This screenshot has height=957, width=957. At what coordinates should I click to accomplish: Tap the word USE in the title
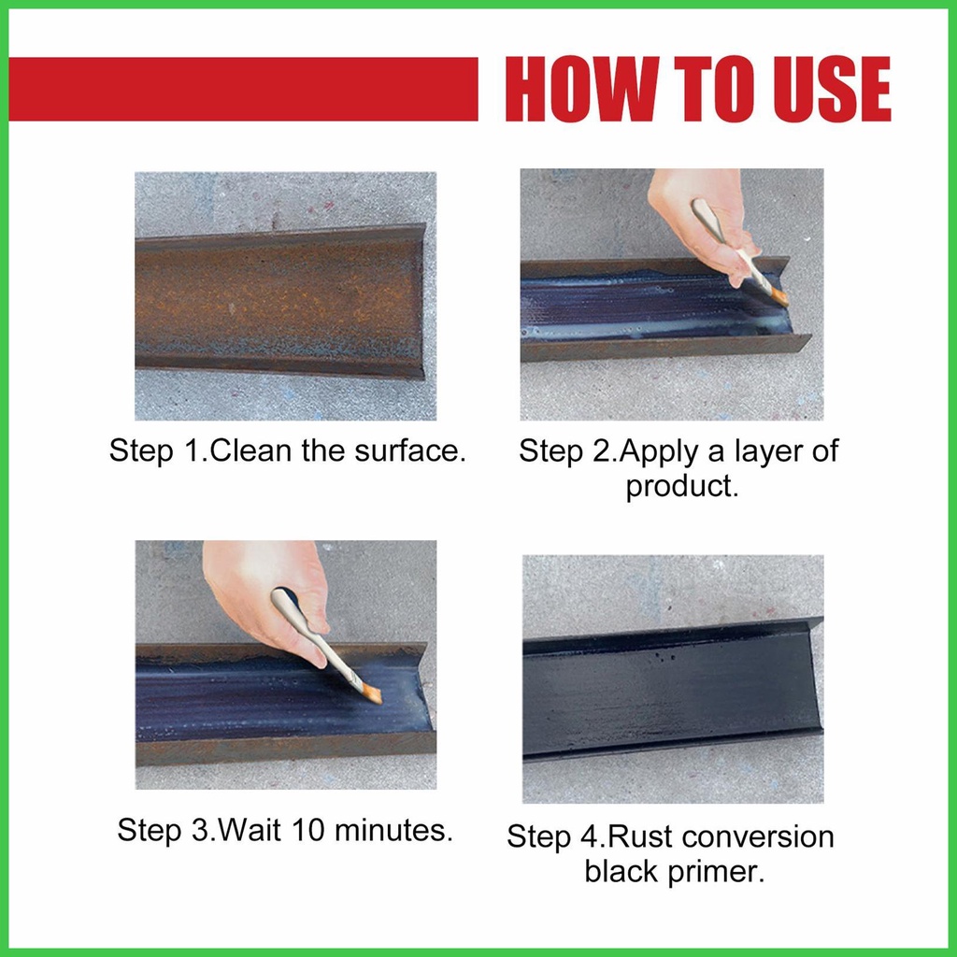tap(831, 89)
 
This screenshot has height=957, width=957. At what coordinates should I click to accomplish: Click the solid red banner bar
tap(243, 89)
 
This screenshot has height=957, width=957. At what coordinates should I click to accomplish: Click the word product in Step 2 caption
tap(678, 486)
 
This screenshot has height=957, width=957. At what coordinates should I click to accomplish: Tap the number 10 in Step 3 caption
tap(307, 830)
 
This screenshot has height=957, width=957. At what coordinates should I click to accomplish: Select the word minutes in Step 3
tap(390, 830)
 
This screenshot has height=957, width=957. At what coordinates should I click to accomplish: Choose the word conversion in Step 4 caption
tap(757, 836)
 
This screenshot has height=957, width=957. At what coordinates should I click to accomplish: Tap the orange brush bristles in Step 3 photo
tap(371, 693)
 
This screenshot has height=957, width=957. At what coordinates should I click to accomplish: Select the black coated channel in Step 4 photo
tap(671, 689)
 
